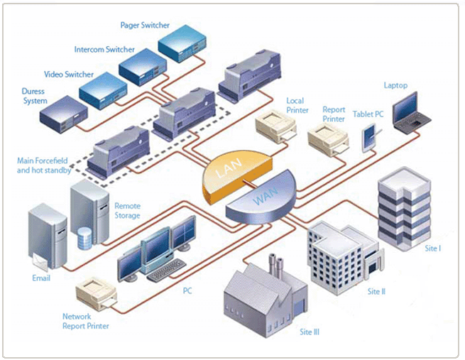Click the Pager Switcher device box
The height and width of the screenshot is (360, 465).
(x=184, y=43)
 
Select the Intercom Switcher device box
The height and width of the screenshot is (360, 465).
(x=143, y=65)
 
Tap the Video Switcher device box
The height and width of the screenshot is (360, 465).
(x=102, y=87)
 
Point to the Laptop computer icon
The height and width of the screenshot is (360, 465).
(x=410, y=111)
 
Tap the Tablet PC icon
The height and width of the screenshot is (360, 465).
(x=369, y=136)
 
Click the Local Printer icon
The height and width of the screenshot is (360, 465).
(x=275, y=127)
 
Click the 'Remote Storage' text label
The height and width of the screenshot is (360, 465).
(x=127, y=210)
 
